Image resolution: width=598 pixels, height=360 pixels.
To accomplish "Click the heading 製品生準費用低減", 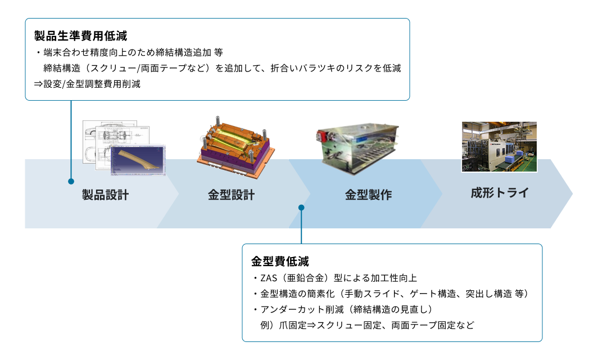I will tap(80, 36).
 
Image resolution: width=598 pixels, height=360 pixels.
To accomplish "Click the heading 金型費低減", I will tap(280, 262).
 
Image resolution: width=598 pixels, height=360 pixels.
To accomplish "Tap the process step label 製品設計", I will tap(106, 195).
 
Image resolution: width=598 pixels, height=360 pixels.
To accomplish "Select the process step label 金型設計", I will tap(231, 195).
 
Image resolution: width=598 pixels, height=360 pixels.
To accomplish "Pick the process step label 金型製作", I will tap(368, 195).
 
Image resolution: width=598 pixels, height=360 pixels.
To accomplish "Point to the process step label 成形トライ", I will tap(500, 193).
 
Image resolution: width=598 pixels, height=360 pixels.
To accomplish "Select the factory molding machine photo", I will tap(499, 146).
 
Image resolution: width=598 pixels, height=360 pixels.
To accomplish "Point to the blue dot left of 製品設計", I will tap(71, 182).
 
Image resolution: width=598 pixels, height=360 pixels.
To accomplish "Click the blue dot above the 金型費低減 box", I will tap(301, 208).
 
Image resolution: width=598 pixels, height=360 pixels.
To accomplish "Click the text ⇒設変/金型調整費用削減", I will tap(87, 84).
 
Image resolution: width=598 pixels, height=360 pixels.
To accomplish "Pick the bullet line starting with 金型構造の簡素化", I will tap(392, 294).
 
